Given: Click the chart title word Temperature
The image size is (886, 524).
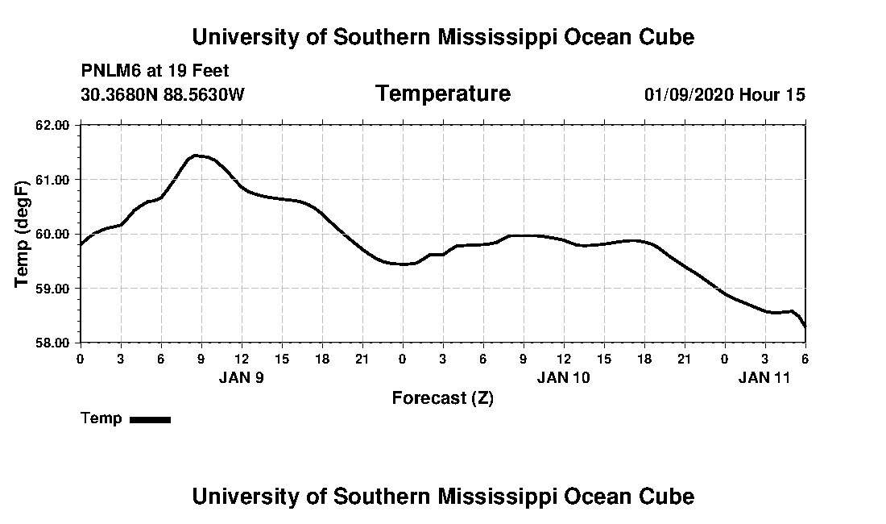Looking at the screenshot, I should (442, 94).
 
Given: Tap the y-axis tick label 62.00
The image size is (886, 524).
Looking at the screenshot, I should (54, 125).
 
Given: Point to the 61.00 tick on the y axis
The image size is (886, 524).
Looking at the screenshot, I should (54, 179).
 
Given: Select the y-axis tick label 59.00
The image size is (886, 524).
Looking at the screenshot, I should (54, 288).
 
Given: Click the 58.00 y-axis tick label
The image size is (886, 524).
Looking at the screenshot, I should (54, 343).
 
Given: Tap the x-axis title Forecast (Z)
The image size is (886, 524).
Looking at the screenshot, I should (442, 398).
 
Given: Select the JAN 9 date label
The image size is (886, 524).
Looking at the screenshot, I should (241, 377).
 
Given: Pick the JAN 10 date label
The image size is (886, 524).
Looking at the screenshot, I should (563, 377).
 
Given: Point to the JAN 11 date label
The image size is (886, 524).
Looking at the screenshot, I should (764, 377).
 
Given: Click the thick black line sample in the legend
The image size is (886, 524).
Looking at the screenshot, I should (150, 419).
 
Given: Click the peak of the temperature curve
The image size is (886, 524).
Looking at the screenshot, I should (196, 156).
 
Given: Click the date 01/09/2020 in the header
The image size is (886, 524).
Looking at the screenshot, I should (688, 95).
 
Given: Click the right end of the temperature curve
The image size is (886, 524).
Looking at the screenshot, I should (805, 326).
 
